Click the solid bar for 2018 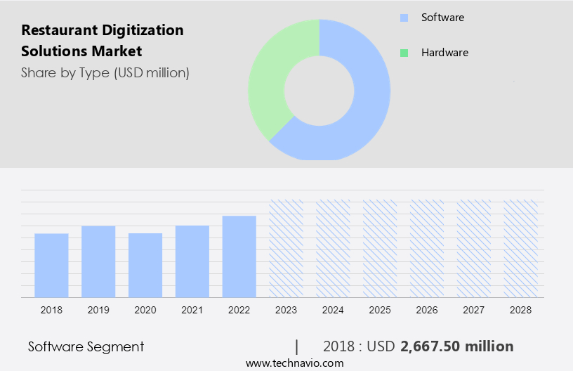(51, 265)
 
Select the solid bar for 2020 (145, 265)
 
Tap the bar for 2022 (239, 256)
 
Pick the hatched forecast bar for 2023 (286, 248)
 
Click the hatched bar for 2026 (427, 248)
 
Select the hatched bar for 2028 (521, 248)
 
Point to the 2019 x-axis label (98, 310)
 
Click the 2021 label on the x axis (192, 310)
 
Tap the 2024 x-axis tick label (334, 310)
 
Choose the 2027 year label (474, 310)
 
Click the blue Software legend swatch (403, 18)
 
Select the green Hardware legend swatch (403, 53)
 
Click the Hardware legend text (444, 53)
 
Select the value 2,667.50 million (456, 346)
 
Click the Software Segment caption (86, 346)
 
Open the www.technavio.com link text (294, 363)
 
